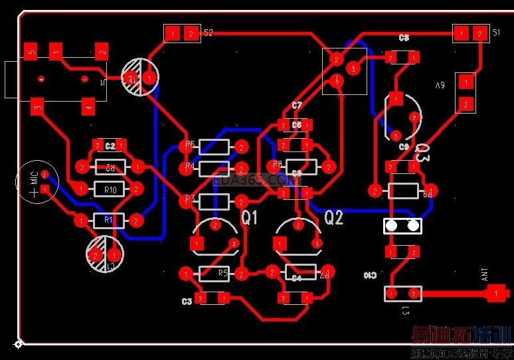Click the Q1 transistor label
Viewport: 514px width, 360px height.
click(x=249, y=217)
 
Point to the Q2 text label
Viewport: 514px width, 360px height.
click(x=333, y=217)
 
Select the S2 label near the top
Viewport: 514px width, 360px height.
click(x=209, y=32)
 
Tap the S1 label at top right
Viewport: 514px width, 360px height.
click(x=496, y=32)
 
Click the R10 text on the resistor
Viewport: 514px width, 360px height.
click(x=110, y=190)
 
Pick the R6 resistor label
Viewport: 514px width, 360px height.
click(x=190, y=144)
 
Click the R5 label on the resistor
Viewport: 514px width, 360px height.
click(x=223, y=273)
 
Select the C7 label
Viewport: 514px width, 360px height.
click(x=297, y=106)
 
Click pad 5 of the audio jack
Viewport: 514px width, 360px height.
click(x=31, y=51)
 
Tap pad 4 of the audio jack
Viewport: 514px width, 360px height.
click(x=88, y=105)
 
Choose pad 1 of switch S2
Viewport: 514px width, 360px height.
click(x=172, y=33)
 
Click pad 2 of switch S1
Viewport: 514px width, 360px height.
click(x=479, y=33)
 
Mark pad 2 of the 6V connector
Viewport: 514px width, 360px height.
click(x=466, y=104)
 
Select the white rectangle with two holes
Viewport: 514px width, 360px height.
click(x=402, y=226)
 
